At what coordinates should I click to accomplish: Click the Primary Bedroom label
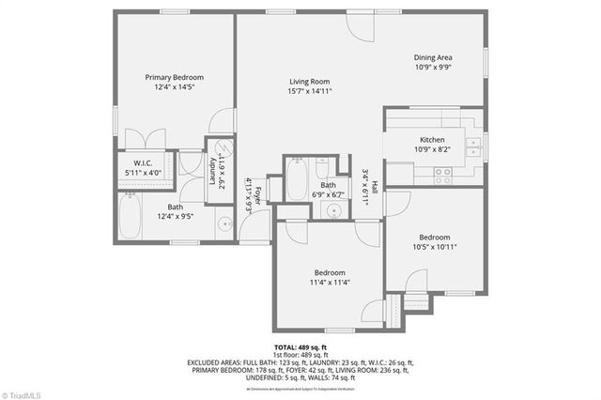click(174, 77)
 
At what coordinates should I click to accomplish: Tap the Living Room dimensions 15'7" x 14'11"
click(309, 92)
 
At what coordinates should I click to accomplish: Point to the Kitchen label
click(432, 139)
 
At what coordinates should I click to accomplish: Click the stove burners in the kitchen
click(442, 172)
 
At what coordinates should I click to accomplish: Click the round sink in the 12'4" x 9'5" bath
click(225, 223)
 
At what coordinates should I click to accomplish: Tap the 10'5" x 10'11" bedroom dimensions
click(435, 248)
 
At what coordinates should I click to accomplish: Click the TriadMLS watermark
click(26, 392)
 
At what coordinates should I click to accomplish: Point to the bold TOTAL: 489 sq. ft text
click(300, 347)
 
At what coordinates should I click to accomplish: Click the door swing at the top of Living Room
click(356, 26)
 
